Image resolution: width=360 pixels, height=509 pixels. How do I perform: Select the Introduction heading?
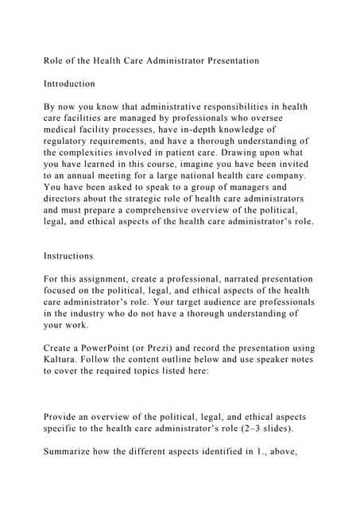(69, 84)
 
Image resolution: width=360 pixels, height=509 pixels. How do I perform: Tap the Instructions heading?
(68, 256)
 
